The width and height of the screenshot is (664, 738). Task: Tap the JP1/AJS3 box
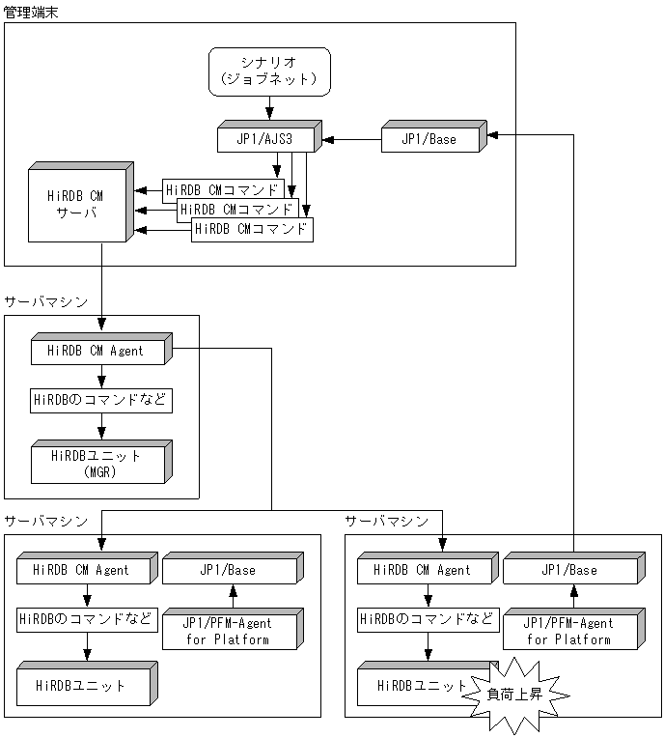click(267, 140)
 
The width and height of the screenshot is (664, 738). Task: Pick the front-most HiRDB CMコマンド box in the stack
click(252, 230)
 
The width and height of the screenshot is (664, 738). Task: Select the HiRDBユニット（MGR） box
click(99, 462)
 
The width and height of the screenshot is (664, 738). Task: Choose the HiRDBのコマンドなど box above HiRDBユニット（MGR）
click(100, 400)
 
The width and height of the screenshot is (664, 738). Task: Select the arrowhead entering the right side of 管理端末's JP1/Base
click(493, 135)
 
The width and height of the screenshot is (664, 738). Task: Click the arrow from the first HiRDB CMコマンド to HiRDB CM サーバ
click(148, 190)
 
